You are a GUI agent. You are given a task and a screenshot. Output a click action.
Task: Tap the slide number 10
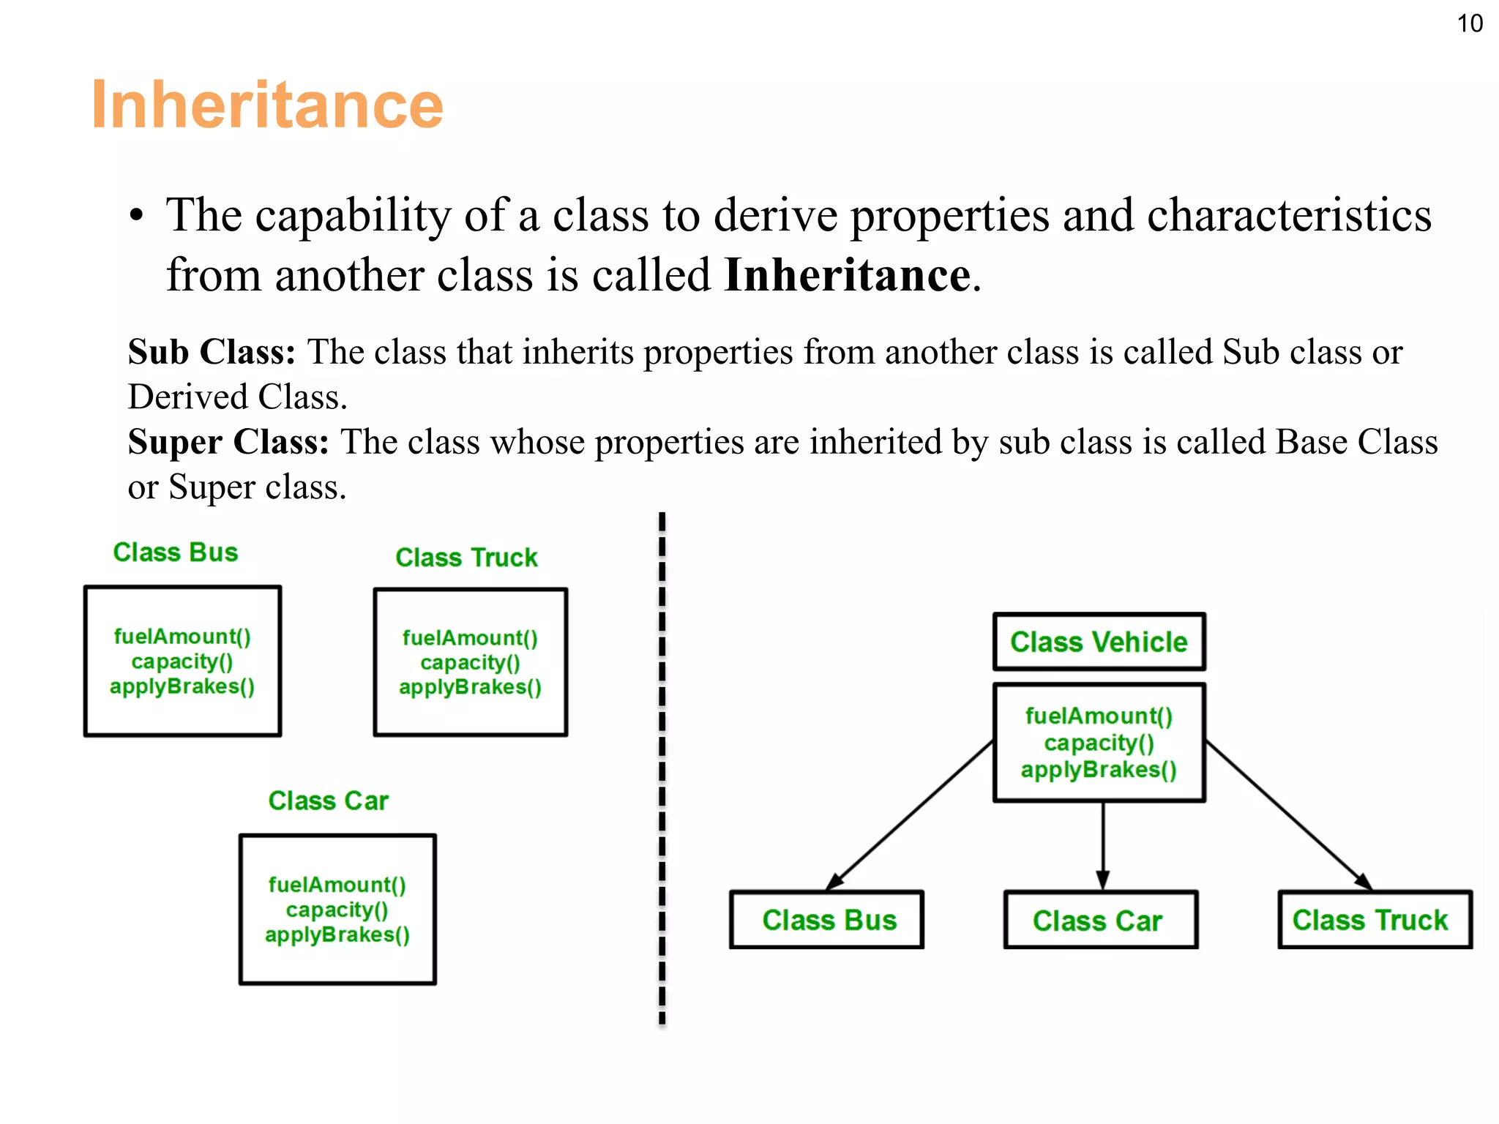(1470, 23)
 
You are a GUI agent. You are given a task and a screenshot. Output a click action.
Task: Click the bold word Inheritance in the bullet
(848, 276)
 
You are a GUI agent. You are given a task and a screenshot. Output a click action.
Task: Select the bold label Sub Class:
(212, 352)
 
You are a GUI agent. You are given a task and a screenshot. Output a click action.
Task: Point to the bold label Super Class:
(228, 442)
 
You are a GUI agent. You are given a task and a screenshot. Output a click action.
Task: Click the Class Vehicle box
(1099, 642)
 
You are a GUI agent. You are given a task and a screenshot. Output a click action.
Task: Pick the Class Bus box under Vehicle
(827, 920)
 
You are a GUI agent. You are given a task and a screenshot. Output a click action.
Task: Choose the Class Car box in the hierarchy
(1100, 921)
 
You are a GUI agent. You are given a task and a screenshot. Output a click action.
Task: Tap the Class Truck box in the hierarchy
(1374, 920)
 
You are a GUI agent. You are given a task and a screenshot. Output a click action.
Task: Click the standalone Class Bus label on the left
(176, 552)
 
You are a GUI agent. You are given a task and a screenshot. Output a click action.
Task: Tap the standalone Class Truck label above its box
(466, 558)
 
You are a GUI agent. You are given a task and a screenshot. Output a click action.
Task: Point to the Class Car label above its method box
(328, 801)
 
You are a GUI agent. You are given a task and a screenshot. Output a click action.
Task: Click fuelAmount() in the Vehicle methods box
(1099, 716)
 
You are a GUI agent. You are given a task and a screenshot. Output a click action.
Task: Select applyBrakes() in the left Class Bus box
(182, 686)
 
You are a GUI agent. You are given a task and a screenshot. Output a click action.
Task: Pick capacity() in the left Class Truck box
(470, 662)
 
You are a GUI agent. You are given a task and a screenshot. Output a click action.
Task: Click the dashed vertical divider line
(662, 768)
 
